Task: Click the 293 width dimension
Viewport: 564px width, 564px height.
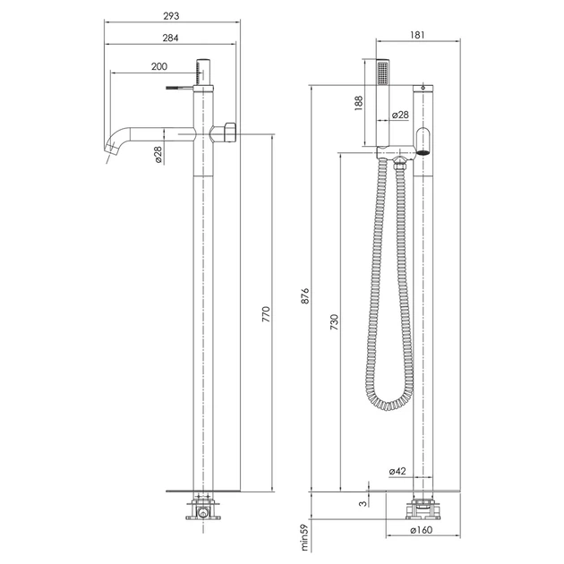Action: [171, 16]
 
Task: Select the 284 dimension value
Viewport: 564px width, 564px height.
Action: [170, 38]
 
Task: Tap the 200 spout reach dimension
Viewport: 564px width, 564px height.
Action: [159, 66]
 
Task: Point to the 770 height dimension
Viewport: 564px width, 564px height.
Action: [266, 314]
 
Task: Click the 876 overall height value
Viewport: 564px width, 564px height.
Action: [305, 295]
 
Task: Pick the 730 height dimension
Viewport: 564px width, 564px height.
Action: [335, 322]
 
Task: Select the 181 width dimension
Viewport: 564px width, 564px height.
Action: [417, 35]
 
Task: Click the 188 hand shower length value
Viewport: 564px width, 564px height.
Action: [359, 103]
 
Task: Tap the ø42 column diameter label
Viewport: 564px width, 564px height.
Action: [397, 471]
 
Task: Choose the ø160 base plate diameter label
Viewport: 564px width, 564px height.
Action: [421, 530]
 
